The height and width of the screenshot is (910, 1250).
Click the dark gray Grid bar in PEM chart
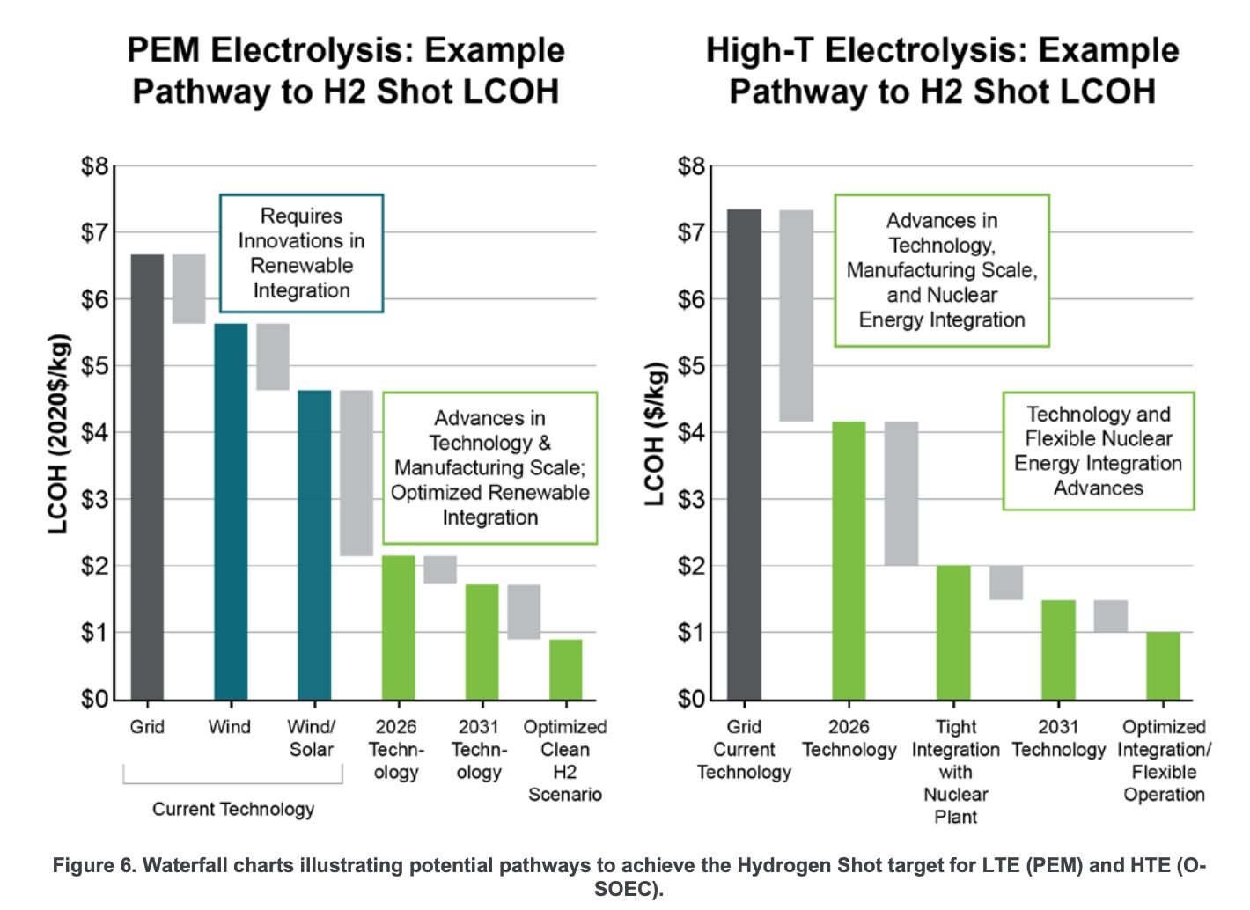pyautogui.click(x=147, y=476)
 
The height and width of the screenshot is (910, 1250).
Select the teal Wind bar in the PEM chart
pyautogui.click(x=231, y=511)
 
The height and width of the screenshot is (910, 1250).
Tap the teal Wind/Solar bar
pyautogui.click(x=314, y=545)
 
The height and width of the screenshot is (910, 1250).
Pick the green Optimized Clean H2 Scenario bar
pyautogui.click(x=565, y=669)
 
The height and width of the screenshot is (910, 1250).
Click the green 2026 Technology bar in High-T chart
pyautogui.click(x=849, y=561)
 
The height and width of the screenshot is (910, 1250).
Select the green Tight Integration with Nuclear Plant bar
pyautogui.click(x=953, y=632)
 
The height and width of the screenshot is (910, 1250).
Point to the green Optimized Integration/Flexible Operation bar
pyautogui.click(x=1163, y=665)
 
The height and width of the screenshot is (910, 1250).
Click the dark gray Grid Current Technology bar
pyautogui.click(x=744, y=454)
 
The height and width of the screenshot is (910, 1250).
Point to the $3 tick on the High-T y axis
pyautogui.click(x=692, y=500)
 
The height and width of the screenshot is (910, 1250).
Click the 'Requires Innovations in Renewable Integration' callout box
pyautogui.click(x=301, y=253)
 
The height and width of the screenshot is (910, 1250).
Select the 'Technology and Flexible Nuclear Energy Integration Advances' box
pyautogui.click(x=1098, y=451)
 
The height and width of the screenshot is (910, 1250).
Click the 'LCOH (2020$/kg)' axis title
pyautogui.click(x=58, y=434)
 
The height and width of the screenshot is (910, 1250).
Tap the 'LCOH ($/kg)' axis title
pyautogui.click(x=654, y=434)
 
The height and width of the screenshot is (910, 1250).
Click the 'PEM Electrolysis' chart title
pyautogui.click(x=345, y=70)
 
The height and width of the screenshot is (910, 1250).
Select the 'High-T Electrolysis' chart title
pyautogui.click(x=942, y=70)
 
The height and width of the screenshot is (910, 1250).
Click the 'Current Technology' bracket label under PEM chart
pyautogui.click(x=232, y=809)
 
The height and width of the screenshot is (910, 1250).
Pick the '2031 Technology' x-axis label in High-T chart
pyautogui.click(x=1058, y=738)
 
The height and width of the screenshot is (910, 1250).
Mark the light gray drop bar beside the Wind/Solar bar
pyautogui.click(x=357, y=473)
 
